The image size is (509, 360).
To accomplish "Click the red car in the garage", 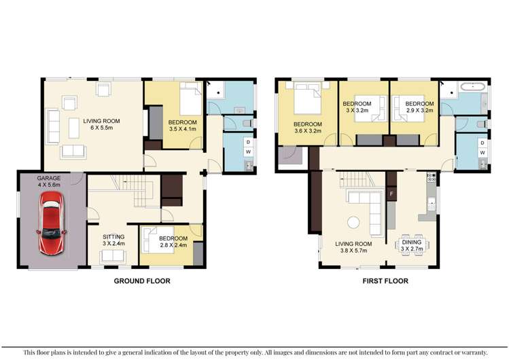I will point(52,222).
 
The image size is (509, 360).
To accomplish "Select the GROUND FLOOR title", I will point(141,281).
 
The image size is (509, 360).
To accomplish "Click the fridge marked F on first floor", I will point(391,194).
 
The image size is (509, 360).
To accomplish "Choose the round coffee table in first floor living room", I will point(353,222).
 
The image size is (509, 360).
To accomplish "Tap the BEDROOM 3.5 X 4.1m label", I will point(181,125).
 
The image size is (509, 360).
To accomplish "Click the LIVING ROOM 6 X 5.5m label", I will point(101,125).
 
